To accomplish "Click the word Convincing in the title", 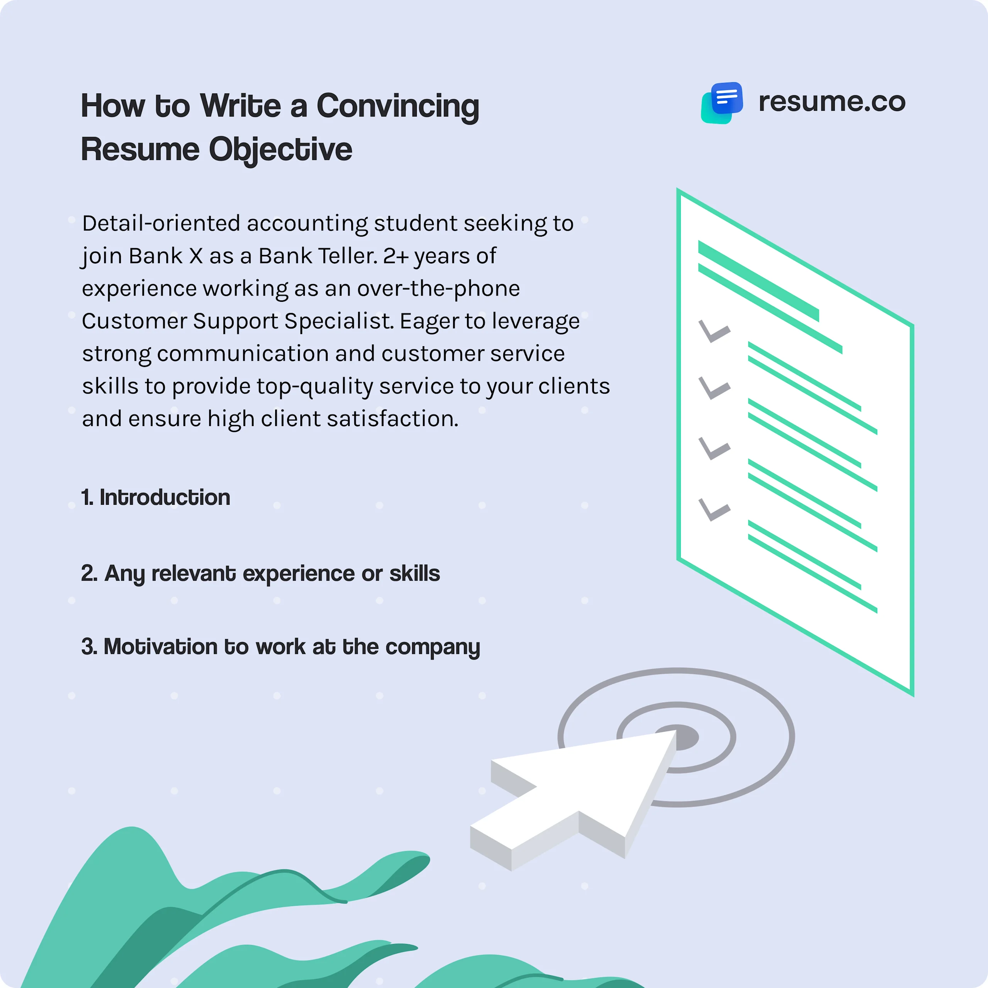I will tap(398, 107).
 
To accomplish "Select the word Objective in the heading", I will tap(280, 150).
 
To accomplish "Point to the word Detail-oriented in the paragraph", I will tap(161, 223).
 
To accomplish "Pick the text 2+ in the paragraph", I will tap(396, 256).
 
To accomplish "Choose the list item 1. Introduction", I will tap(156, 497).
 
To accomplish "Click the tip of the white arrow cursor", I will tap(674, 732).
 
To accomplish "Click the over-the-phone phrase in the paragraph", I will tap(438, 288).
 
